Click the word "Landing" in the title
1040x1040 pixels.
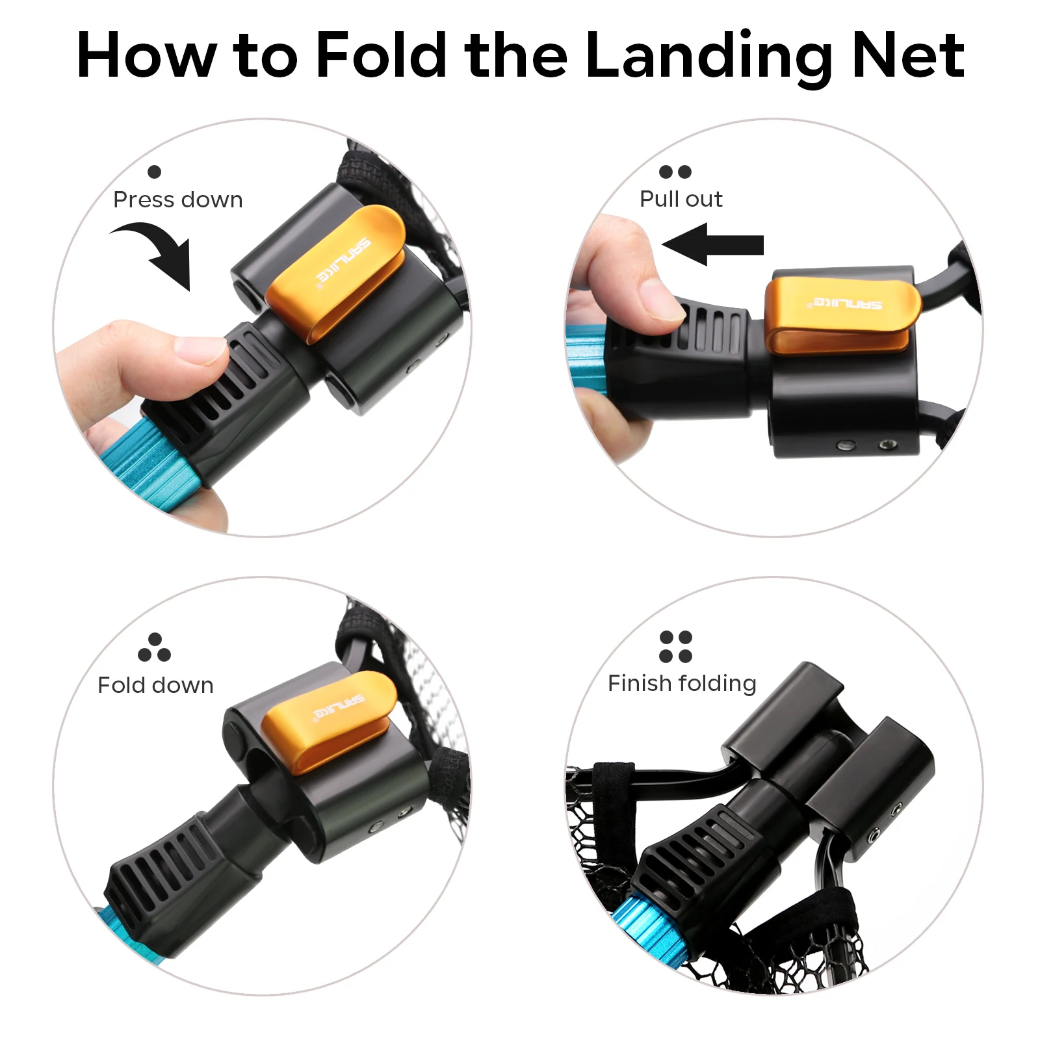(709, 57)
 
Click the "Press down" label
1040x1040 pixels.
(178, 200)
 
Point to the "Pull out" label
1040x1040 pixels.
(681, 199)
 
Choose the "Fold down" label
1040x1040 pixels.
(155, 685)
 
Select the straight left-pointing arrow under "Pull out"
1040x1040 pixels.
(712, 244)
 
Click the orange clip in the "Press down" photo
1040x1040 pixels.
(335, 273)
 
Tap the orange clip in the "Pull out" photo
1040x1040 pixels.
(842, 315)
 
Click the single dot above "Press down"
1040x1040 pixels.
(154, 172)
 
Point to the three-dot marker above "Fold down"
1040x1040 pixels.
(155, 647)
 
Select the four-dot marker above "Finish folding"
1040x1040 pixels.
(675, 647)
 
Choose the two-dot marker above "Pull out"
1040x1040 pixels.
(675, 172)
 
